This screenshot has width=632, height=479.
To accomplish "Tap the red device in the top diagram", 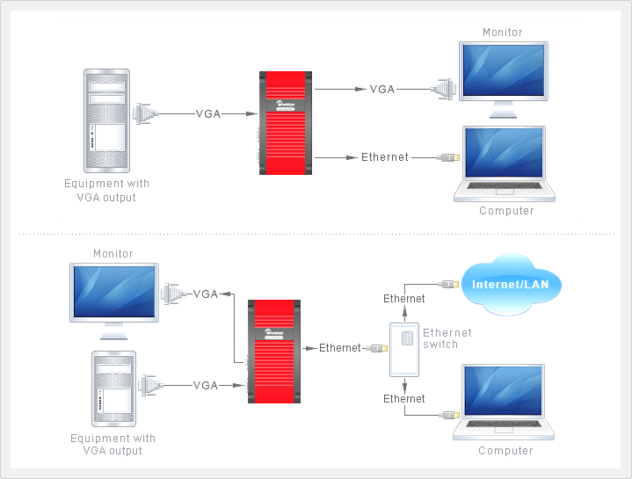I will pos(287,123).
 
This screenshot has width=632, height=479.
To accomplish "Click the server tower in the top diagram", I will pos(106,120).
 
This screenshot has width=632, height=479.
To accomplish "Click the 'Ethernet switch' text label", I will pos(447,338).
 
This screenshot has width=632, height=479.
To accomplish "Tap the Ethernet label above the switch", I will pos(404,299).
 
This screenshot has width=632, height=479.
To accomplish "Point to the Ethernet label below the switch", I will pos(404,399).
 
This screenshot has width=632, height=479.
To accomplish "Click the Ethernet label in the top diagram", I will pos(385,157).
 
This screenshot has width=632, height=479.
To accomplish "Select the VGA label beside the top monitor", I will pos(382,90).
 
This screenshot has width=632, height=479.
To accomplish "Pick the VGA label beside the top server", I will pos(208,114).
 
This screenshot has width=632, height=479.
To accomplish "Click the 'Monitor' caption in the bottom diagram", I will pos(113,254).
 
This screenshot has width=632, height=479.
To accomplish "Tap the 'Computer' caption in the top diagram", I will pos(506,211).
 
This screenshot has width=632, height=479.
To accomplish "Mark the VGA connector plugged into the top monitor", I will pos(444,89).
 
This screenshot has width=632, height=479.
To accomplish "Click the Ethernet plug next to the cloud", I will pos(447,284).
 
